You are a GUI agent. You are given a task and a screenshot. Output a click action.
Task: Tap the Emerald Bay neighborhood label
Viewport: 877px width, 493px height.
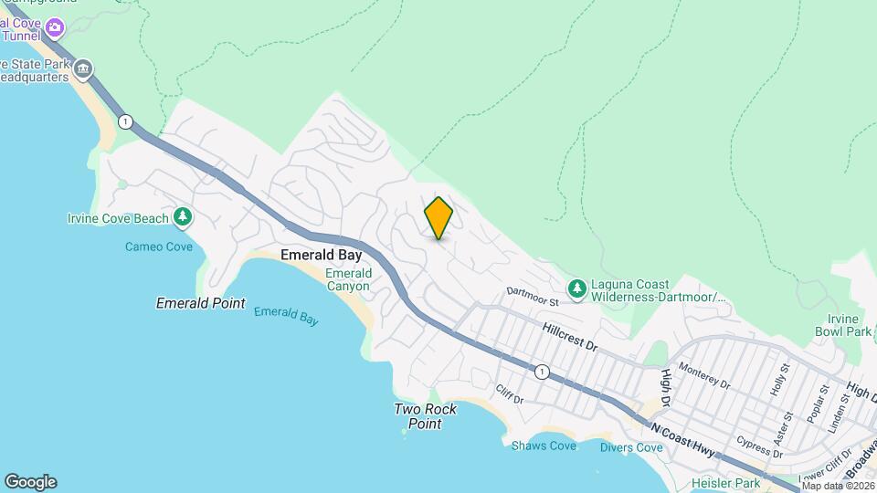(x=321, y=256)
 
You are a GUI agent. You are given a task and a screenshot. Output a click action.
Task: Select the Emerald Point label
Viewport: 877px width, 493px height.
(x=201, y=303)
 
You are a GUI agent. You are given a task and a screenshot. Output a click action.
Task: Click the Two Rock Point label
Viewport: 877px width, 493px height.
(x=426, y=416)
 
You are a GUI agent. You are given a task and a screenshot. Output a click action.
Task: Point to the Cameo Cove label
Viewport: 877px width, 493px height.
(x=159, y=246)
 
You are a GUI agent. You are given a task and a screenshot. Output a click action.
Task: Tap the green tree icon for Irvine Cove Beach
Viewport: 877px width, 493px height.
(x=184, y=217)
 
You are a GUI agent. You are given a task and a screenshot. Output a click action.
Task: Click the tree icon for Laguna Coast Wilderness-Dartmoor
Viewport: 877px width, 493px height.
(x=576, y=289)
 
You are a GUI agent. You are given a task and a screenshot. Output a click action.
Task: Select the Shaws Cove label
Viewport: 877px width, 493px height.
(x=544, y=446)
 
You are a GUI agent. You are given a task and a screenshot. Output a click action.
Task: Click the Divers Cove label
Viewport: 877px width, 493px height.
(x=631, y=447)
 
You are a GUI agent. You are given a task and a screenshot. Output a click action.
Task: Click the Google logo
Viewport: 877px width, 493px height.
(x=30, y=482)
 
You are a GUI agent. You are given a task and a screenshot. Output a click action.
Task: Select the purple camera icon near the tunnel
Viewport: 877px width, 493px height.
(x=55, y=28)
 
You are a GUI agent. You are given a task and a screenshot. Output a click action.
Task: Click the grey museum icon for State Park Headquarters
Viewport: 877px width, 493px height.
(x=83, y=69)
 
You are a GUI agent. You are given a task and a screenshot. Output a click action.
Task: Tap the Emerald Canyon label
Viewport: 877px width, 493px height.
(x=348, y=279)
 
